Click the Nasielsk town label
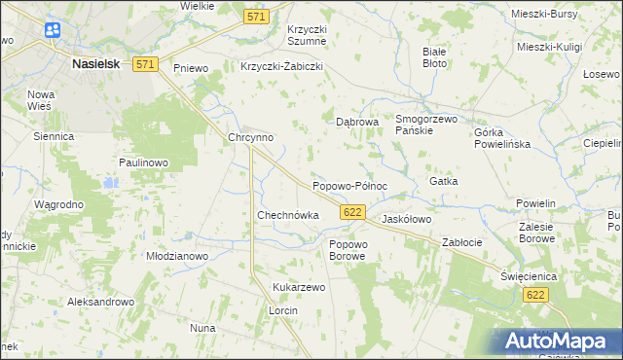click(x=96, y=63)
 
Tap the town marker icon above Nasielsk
click(x=52, y=31)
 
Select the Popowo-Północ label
click(x=349, y=186)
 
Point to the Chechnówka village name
click(x=287, y=215)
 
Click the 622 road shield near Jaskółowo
click(x=353, y=212)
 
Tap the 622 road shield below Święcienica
click(x=532, y=294)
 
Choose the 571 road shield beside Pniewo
click(x=145, y=64)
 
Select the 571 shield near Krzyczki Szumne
click(x=256, y=17)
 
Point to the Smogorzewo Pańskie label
click(x=426, y=125)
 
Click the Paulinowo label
click(x=144, y=162)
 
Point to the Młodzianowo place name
click(x=177, y=256)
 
